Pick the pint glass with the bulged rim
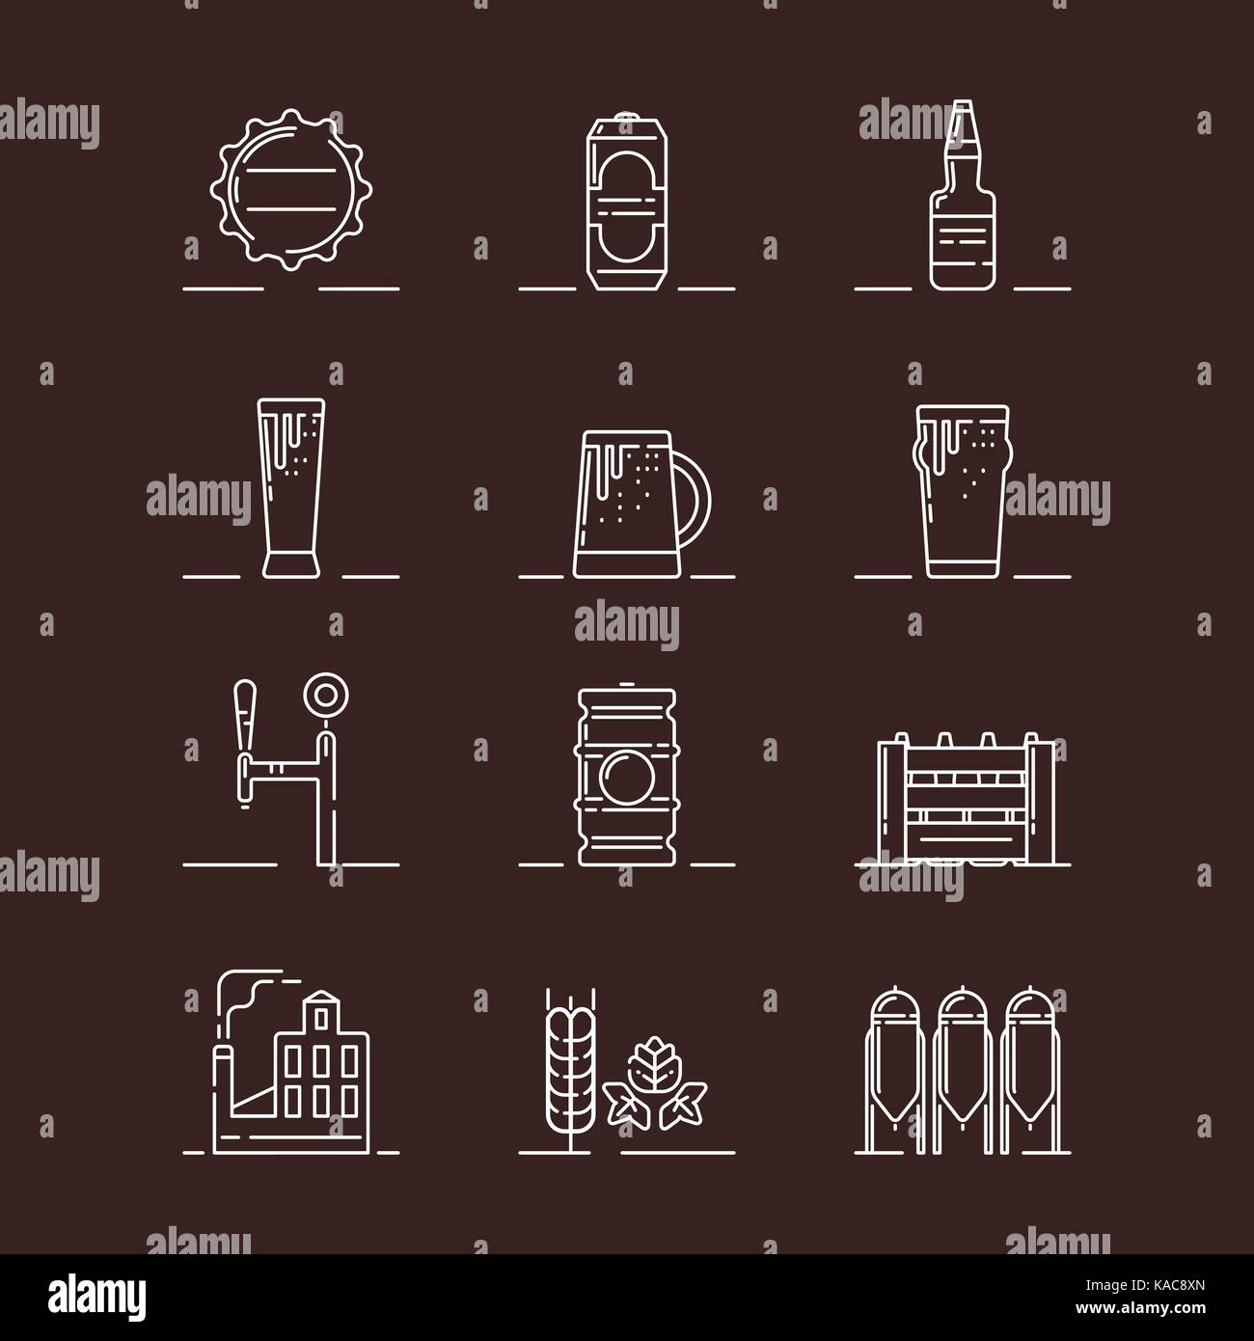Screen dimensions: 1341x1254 click(x=962, y=492)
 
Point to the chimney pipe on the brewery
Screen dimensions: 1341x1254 click(x=224, y=1032)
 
